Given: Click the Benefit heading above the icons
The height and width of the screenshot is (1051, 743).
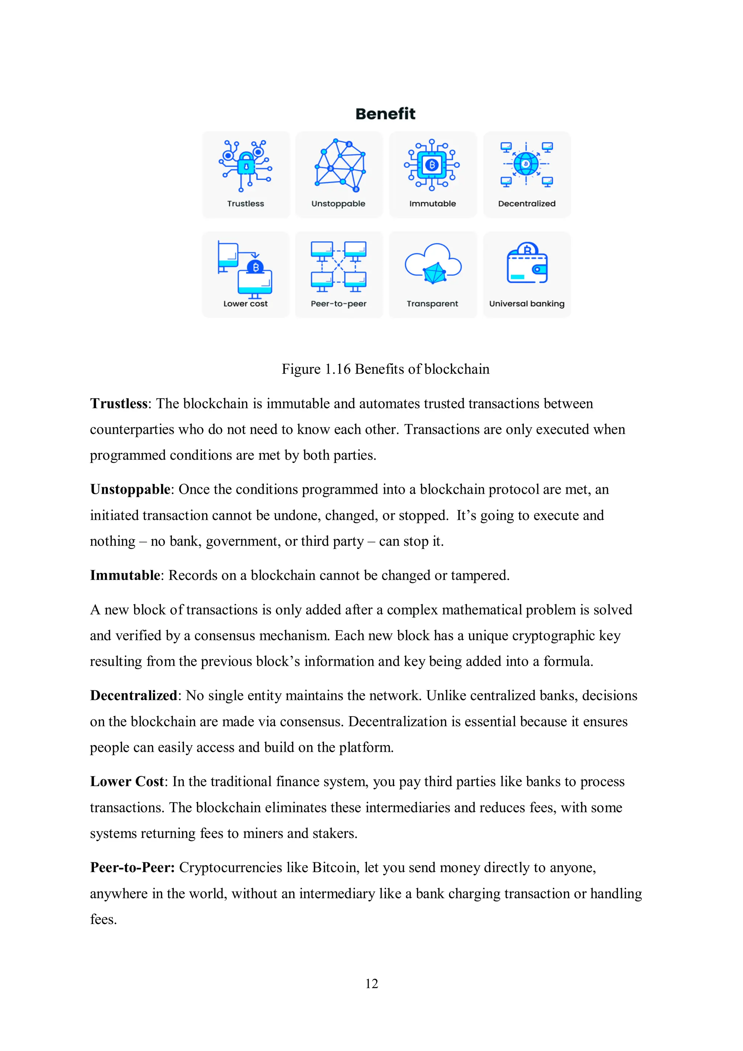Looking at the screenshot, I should point(385,114).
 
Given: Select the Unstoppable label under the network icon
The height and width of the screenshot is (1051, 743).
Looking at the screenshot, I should point(338,204).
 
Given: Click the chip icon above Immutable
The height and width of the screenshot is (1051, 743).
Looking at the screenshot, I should point(432,165).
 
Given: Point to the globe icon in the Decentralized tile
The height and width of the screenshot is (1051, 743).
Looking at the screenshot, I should point(526,164).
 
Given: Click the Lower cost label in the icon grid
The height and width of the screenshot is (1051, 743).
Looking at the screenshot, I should point(245,304).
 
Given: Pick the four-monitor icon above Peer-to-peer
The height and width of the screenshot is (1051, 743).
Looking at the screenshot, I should point(338,266).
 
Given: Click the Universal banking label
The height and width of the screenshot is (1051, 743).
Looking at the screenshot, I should point(526,304).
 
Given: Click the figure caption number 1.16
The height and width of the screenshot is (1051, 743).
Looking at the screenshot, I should point(337,369).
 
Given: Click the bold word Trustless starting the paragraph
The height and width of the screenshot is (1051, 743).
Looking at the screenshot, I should point(119,404).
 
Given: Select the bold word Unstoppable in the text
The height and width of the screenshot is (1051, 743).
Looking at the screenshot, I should point(130,489).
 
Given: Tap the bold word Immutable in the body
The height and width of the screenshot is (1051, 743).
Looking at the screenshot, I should point(125,575).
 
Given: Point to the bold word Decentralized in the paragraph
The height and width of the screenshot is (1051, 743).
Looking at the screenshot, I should point(133,695).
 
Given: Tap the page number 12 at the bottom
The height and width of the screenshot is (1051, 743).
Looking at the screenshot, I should point(371,984).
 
